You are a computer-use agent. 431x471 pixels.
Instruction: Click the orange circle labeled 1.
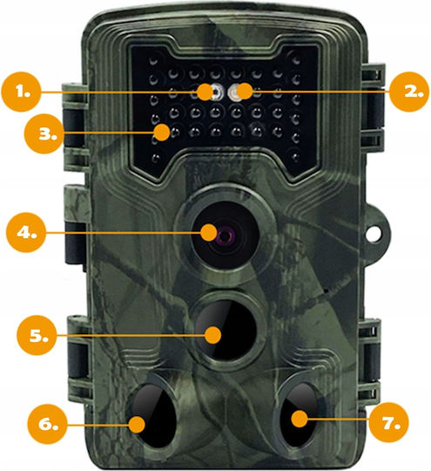pyautogui.click(x=21, y=92)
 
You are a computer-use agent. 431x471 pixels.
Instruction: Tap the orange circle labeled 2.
pyautogui.click(x=409, y=92)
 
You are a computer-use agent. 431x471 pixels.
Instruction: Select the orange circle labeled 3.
pyautogui.click(x=44, y=133)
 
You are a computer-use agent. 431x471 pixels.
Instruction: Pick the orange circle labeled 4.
pyautogui.click(x=26, y=232)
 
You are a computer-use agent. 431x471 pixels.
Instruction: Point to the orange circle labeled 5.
pyautogui.click(x=37, y=335)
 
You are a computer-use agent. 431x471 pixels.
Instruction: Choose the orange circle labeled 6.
pyautogui.click(x=47, y=425)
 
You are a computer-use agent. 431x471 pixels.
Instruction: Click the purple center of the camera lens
pyautogui.click(x=225, y=235)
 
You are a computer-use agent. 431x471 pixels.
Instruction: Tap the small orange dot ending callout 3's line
pyautogui.click(x=162, y=133)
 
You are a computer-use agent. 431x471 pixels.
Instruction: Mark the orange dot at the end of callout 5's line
pyautogui.click(x=213, y=335)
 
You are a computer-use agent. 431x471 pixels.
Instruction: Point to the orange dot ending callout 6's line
pyautogui.click(x=137, y=425)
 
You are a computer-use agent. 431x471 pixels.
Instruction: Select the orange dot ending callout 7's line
pyautogui.click(x=300, y=419)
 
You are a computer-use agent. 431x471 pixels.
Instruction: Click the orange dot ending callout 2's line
pyautogui.click(x=245, y=91)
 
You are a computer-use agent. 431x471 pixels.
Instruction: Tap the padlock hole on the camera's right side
pyautogui.click(x=374, y=234)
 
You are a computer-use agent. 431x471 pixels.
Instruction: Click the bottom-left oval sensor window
pyautogui.click(x=154, y=416)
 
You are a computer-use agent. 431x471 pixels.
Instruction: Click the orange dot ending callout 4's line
pyautogui.click(x=209, y=233)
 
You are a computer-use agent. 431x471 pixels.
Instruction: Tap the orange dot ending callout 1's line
pyautogui.click(x=205, y=92)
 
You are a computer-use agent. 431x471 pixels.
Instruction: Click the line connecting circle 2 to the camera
pyautogui.click(x=321, y=91)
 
